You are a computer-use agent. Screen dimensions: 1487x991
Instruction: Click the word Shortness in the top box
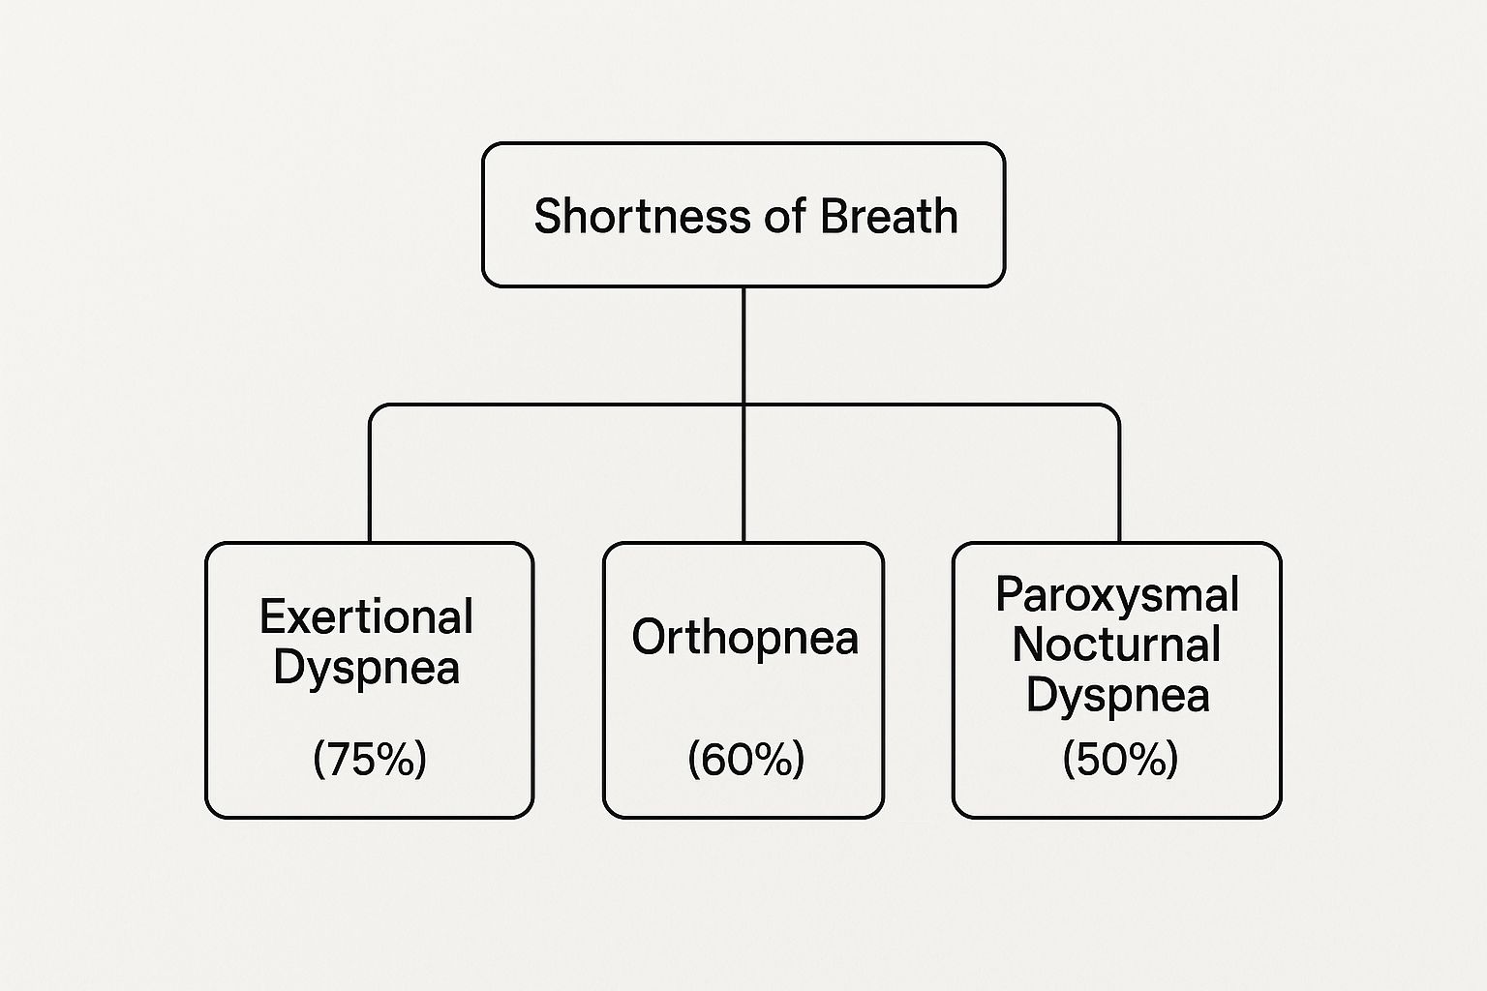click(x=643, y=216)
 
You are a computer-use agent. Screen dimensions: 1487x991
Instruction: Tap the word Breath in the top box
click(x=889, y=216)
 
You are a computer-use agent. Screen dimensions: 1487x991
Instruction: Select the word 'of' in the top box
click(x=785, y=216)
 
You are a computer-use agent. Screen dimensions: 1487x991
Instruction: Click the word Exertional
click(x=367, y=616)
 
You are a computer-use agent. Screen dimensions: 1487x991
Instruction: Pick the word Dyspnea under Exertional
click(x=367, y=669)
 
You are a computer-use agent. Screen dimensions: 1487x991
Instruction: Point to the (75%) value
click(x=370, y=759)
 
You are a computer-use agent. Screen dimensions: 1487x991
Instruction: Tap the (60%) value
click(x=745, y=759)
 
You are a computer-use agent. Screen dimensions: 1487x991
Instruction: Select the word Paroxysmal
click(x=1117, y=595)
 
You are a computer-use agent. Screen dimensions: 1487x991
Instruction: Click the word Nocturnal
click(x=1116, y=645)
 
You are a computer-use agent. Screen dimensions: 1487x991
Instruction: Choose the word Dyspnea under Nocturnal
click(x=1118, y=696)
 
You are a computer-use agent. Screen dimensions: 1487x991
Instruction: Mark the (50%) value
click(x=1120, y=759)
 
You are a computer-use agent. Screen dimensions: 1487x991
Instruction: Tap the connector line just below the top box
click(x=743, y=345)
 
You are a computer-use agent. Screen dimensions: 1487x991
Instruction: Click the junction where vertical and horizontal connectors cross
click(x=743, y=405)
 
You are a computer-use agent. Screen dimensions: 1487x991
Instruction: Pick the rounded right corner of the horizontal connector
click(x=1114, y=409)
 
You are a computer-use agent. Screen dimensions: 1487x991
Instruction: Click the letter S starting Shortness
click(x=549, y=216)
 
